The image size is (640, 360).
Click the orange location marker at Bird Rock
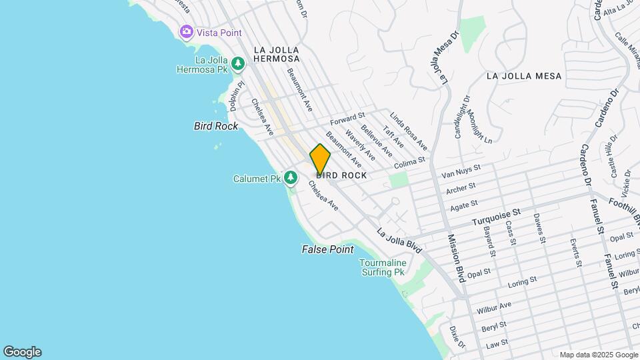[320, 159]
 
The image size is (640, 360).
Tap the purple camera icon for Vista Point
[186, 31]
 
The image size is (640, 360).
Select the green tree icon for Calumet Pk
[290, 178]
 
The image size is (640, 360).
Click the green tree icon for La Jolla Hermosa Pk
[238, 64]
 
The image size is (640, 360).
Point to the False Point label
[327, 249]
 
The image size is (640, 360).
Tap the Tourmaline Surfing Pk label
[383, 267]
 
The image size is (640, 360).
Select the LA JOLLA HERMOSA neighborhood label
[276, 54]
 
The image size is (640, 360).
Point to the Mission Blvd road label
[456, 257]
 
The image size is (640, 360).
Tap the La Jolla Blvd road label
[399, 241]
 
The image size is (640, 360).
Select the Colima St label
[409, 163]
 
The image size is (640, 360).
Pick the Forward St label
[347, 119]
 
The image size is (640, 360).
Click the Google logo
[22, 352]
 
